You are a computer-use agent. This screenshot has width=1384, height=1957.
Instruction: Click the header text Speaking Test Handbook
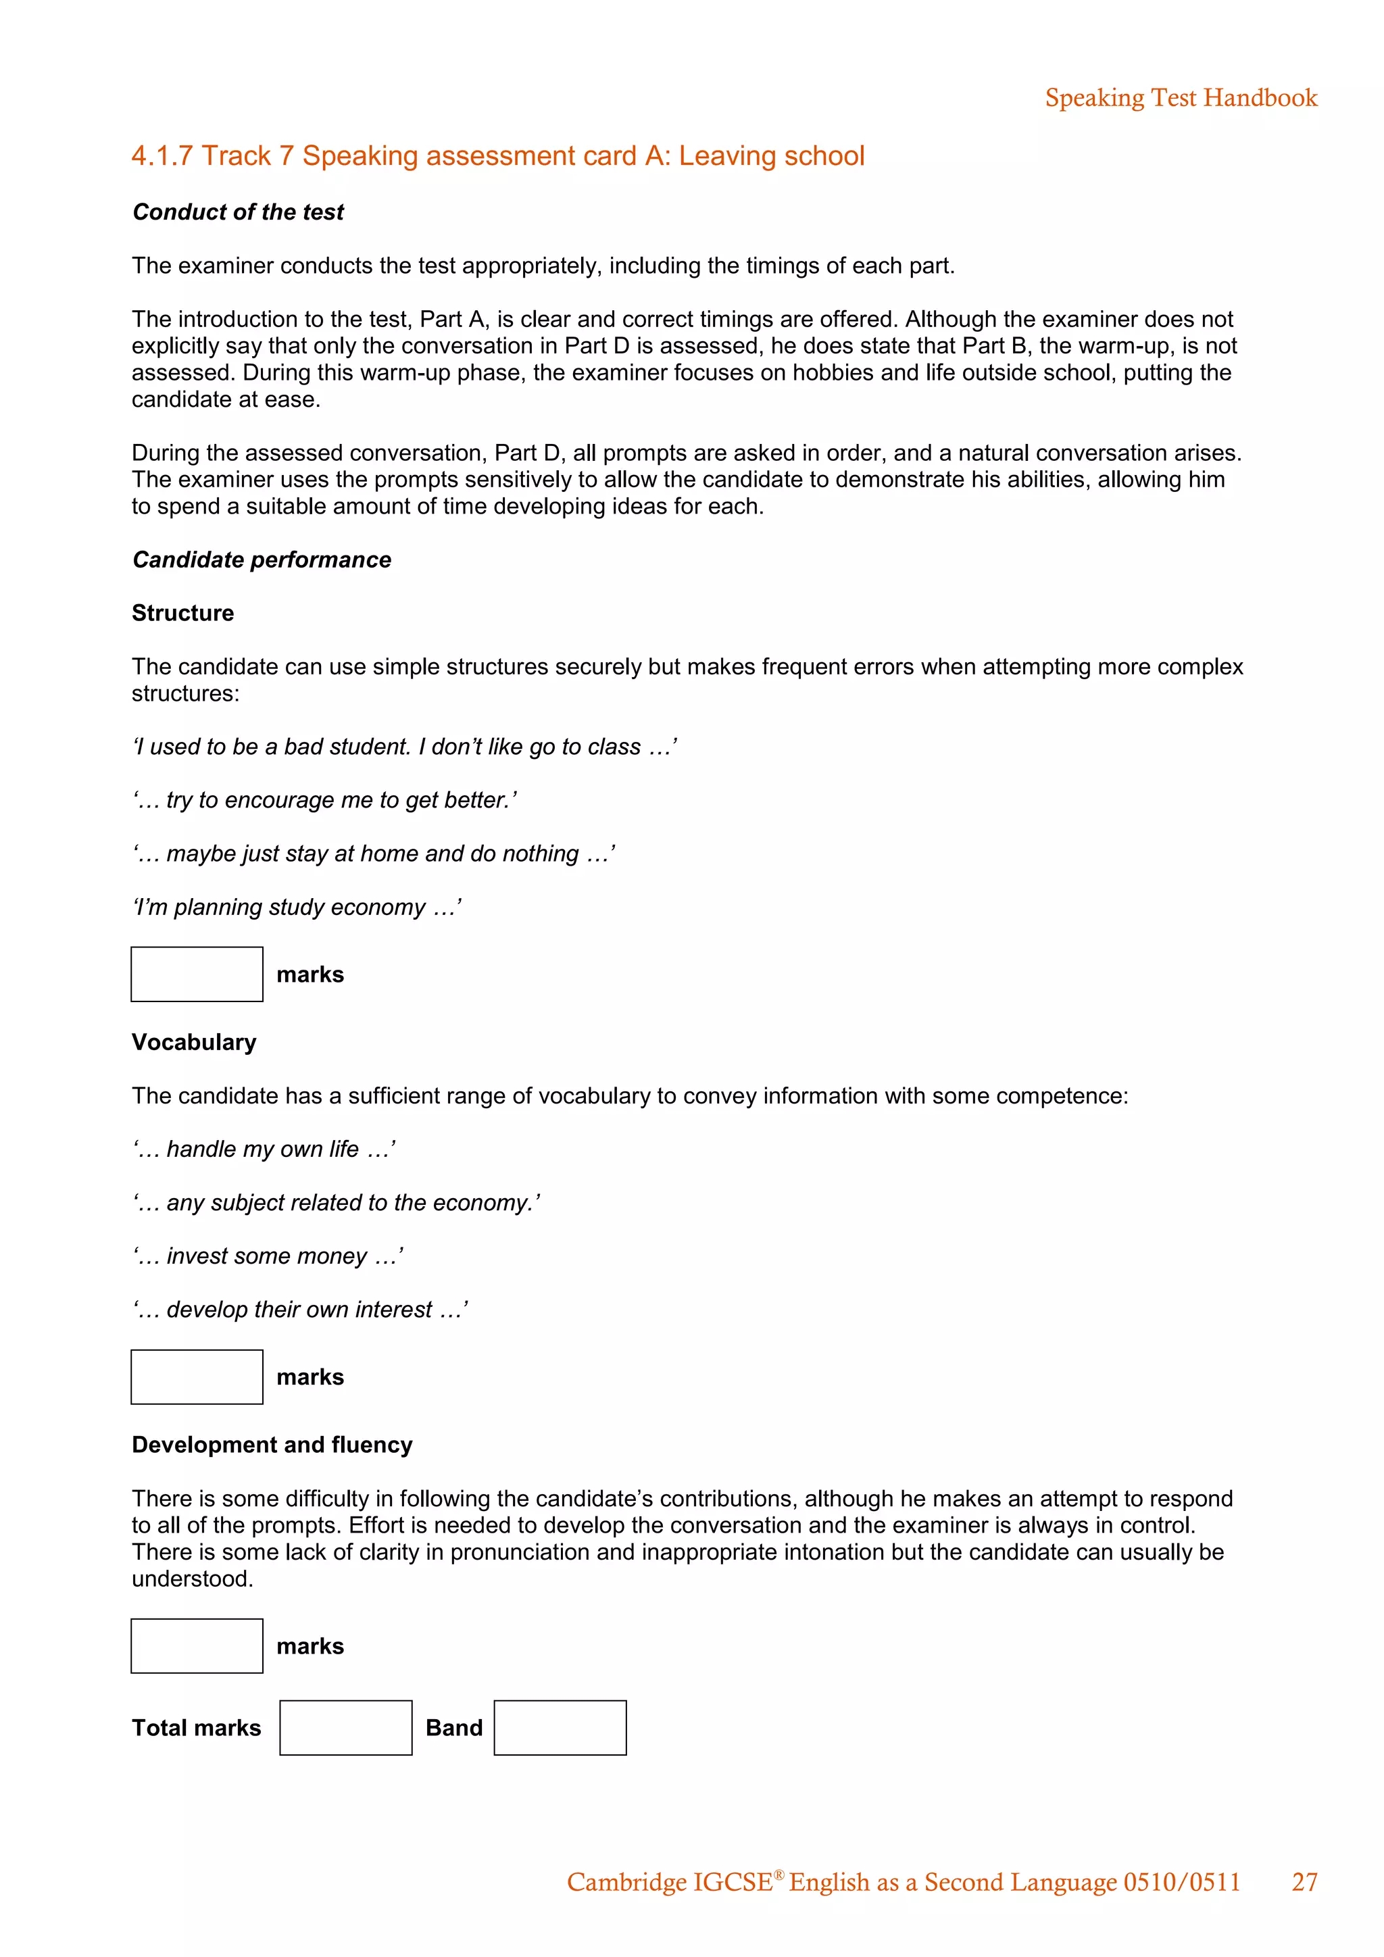pyautogui.click(x=1181, y=98)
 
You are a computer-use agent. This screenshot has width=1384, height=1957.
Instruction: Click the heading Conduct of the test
pyautogui.click(x=238, y=212)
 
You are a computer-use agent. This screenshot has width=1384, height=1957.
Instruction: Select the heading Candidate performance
pyautogui.click(x=262, y=560)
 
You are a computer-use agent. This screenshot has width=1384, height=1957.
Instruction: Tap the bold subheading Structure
pyautogui.click(x=182, y=614)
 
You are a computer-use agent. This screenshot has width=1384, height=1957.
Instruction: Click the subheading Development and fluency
pyautogui.click(x=272, y=1445)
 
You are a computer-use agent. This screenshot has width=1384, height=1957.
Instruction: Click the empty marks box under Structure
pyautogui.click(x=197, y=974)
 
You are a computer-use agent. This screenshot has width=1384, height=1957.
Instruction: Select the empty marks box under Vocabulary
pyautogui.click(x=197, y=1377)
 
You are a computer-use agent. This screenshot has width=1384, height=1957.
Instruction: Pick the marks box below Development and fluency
pyautogui.click(x=197, y=1646)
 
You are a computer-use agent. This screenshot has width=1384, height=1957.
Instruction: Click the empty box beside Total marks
pyautogui.click(x=345, y=1728)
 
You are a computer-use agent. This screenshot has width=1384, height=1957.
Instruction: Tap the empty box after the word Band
pyautogui.click(x=560, y=1728)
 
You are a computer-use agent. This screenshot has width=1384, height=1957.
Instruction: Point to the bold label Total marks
pyautogui.click(x=196, y=1728)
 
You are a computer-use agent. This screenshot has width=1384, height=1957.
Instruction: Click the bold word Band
pyautogui.click(x=453, y=1728)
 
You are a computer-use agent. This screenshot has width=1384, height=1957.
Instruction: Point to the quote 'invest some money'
pyautogui.click(x=268, y=1256)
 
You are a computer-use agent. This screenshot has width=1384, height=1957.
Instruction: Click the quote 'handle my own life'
pyautogui.click(x=264, y=1150)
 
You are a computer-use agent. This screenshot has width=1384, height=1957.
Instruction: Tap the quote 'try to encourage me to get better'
pyautogui.click(x=324, y=800)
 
